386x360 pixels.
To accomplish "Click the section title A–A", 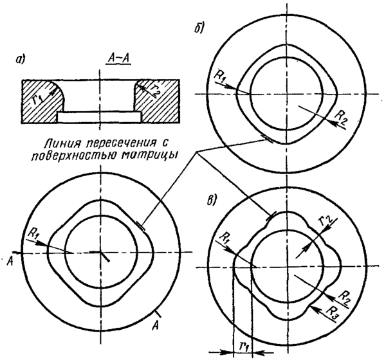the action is [x=118, y=59].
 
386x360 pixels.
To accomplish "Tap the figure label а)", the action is [x=21, y=59].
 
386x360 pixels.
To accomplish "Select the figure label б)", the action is [x=198, y=29].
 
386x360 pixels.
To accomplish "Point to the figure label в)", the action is [x=211, y=201].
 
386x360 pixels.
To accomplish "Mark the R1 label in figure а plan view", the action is [x=33, y=232].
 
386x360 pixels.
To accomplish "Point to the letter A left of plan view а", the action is [x=10, y=262].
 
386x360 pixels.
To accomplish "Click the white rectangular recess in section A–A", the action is [x=100, y=117].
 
